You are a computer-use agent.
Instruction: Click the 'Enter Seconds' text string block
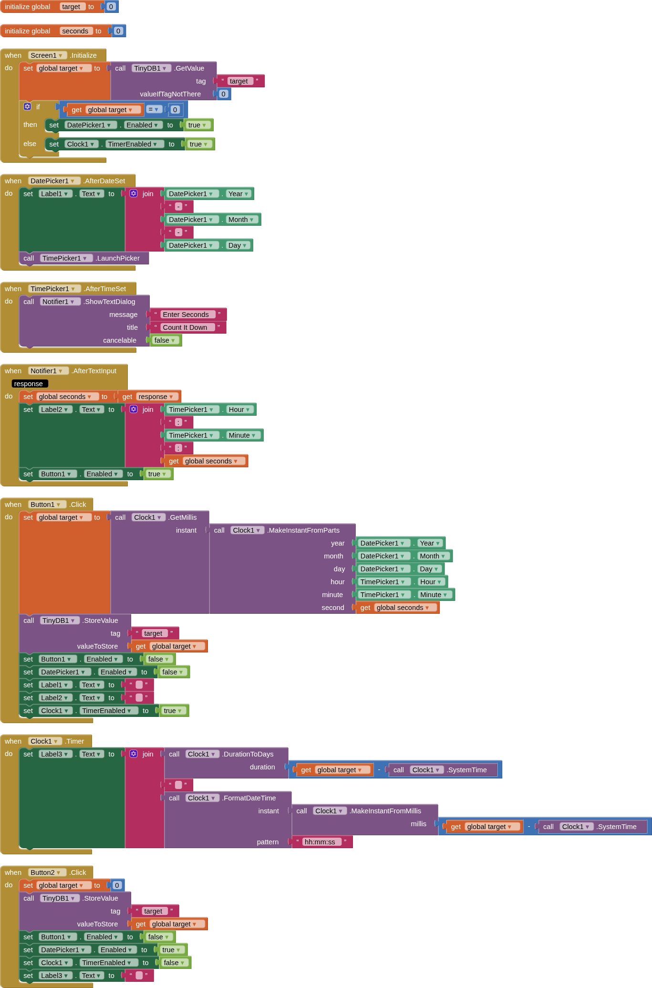186,315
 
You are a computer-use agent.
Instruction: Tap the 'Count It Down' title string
185,327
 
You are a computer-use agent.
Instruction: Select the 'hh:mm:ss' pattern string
320,842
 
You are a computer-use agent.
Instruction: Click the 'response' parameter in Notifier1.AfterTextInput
29,384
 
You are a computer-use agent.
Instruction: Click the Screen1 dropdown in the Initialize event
46,55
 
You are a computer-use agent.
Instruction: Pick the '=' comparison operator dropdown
153,109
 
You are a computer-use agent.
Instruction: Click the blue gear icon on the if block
27,106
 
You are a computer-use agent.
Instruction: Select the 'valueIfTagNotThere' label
170,94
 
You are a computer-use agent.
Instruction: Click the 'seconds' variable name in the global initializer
75,31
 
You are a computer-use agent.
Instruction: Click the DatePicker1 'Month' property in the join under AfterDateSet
241,220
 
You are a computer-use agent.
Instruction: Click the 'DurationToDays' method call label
248,754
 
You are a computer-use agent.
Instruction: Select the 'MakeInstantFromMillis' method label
385,811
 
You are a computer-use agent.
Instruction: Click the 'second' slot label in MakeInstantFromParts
332,608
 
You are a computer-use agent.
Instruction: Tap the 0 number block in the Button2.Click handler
117,885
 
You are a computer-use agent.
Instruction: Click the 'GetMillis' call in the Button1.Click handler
183,517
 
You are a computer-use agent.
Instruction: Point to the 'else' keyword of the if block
30,144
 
